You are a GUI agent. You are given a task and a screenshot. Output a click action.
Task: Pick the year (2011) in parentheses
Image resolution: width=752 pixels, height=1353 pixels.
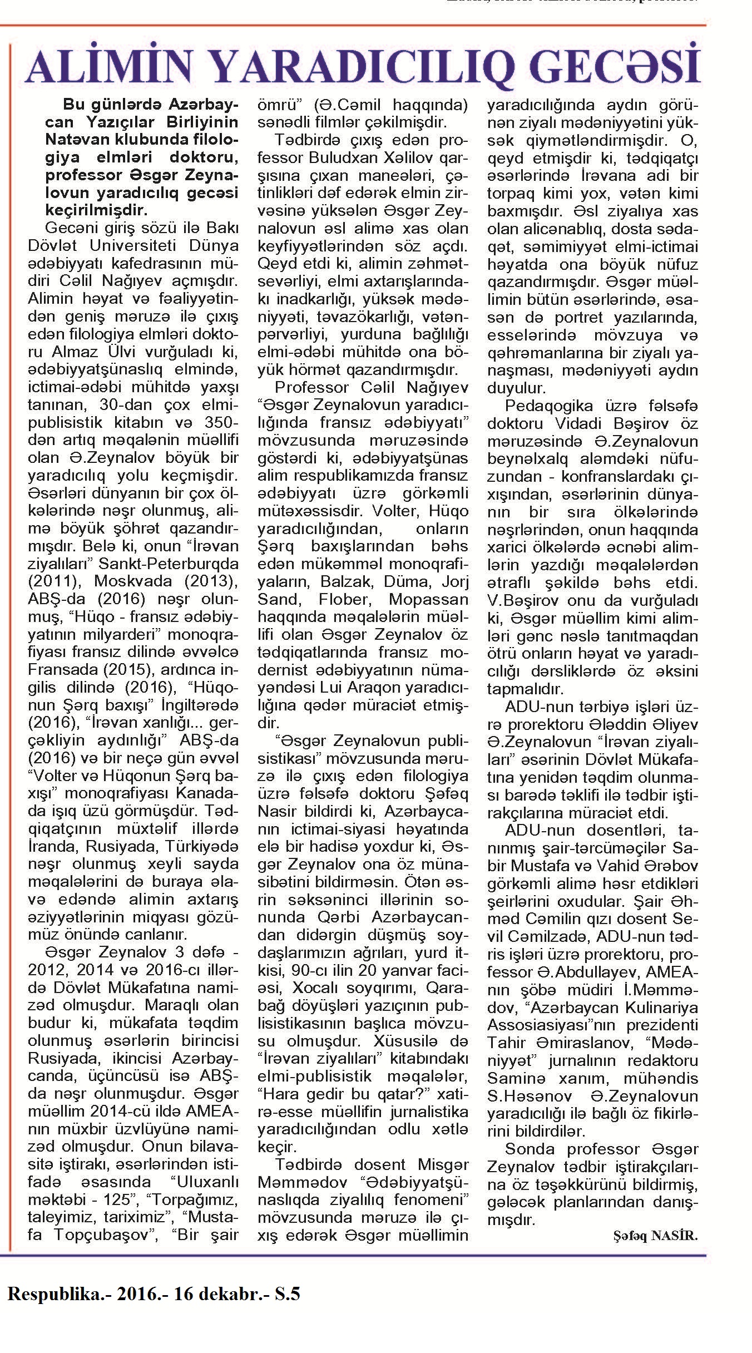pyautogui.click(x=56, y=581)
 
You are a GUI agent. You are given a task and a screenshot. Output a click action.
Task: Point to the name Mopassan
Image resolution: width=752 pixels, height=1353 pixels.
pyautogui.click(x=429, y=599)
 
